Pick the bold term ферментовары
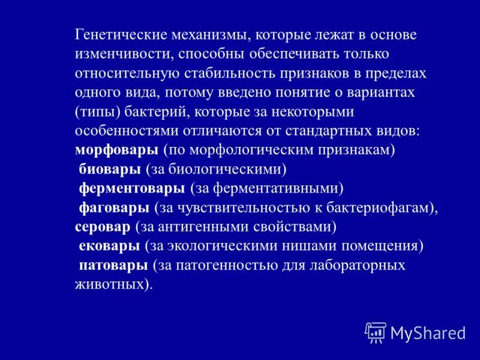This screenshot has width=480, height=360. (x=132, y=188)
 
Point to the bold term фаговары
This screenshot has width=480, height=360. (x=114, y=208)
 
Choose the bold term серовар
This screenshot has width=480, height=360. (x=102, y=227)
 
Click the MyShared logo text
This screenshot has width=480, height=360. (x=427, y=332)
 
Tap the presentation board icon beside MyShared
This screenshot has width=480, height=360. (x=376, y=332)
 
